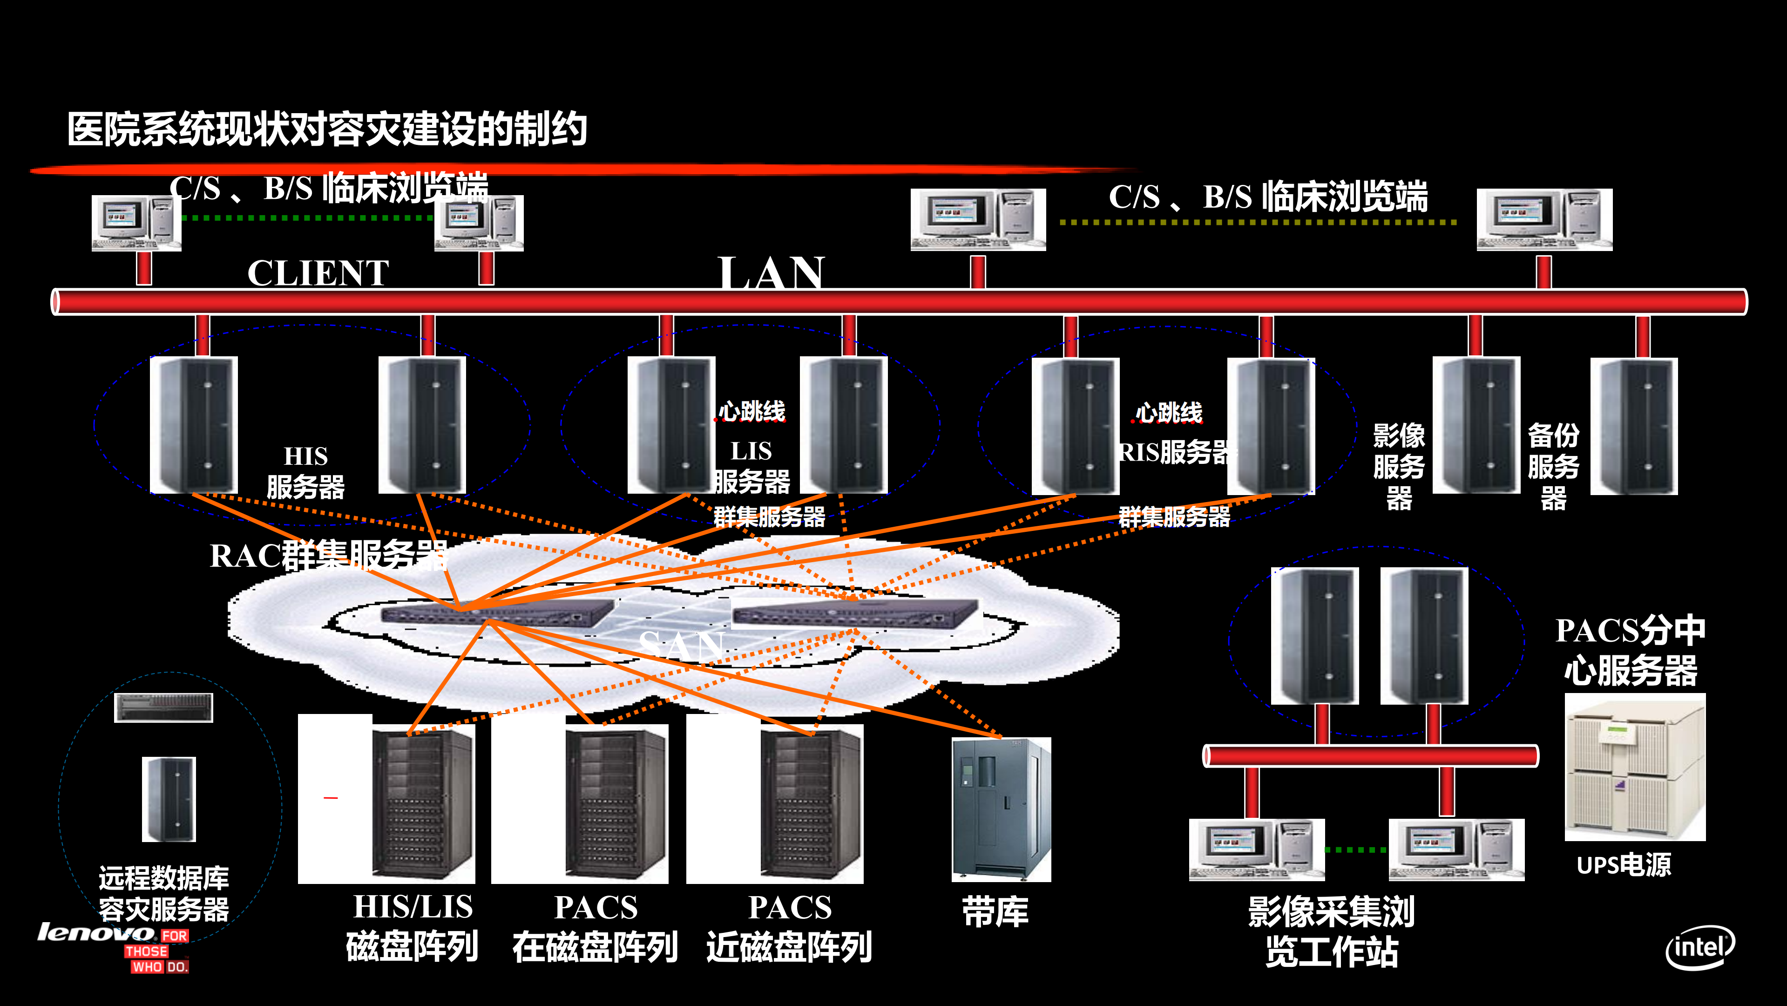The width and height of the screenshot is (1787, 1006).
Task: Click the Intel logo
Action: point(1699,947)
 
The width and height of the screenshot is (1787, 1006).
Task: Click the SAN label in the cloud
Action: point(681,645)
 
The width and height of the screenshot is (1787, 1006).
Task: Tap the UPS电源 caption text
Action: point(1623,865)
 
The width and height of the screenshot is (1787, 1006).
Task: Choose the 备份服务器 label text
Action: point(1553,466)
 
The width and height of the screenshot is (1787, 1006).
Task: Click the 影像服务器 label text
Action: point(1399,466)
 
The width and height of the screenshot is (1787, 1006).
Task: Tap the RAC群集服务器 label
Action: point(328,556)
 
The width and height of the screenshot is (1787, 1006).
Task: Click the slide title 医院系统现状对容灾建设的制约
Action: point(327,130)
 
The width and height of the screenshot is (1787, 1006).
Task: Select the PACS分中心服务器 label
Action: point(1630,650)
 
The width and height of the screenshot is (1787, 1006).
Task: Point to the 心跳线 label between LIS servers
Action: point(751,411)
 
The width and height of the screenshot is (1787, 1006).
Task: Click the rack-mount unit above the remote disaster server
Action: point(164,707)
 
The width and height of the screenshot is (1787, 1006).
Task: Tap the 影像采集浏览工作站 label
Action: point(1331,931)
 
